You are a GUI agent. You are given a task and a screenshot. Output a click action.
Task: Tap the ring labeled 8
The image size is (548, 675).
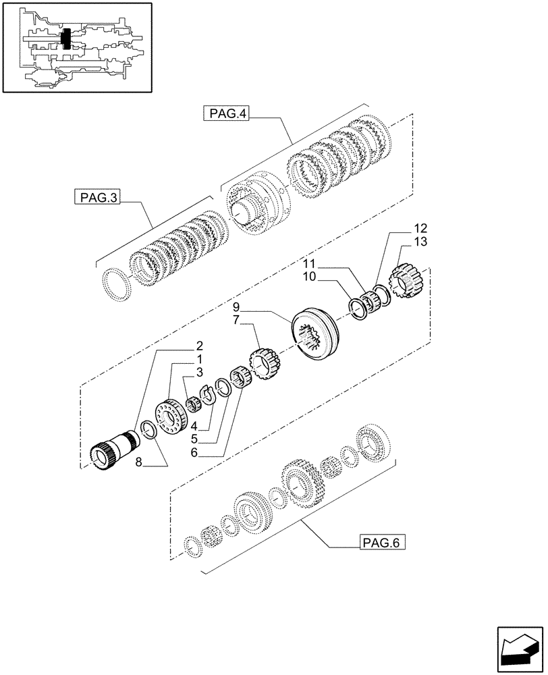pos(149,431)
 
